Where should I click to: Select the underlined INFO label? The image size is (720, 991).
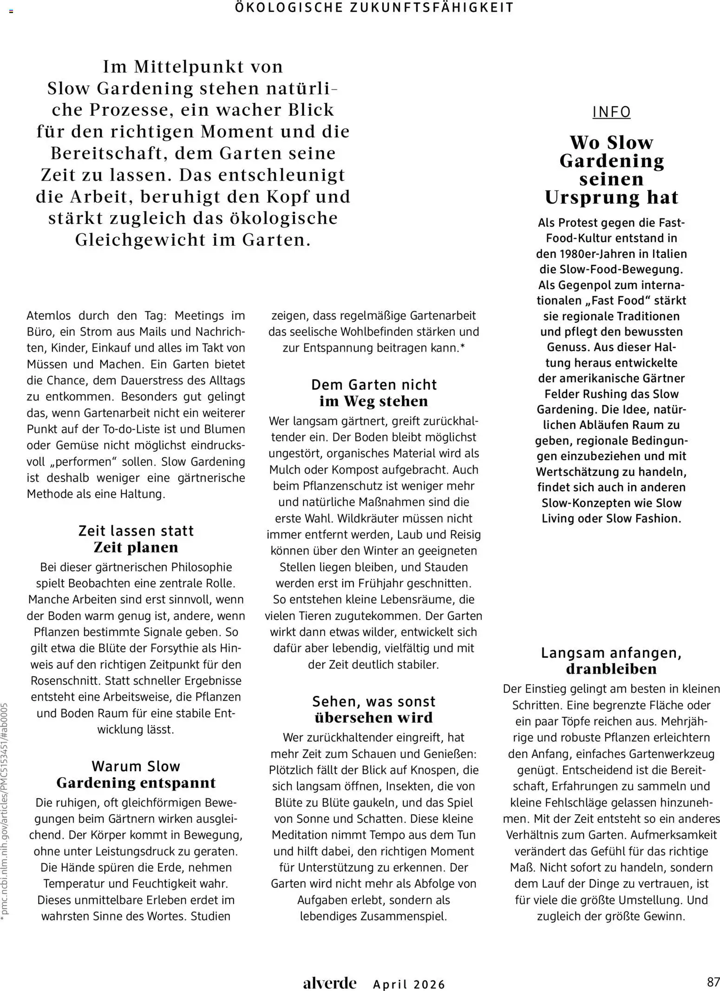click(x=611, y=112)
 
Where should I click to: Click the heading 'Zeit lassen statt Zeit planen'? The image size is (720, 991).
click(x=136, y=539)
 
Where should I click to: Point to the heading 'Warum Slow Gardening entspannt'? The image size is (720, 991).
click(x=136, y=774)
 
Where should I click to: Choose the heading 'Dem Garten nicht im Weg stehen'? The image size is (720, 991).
click(x=373, y=393)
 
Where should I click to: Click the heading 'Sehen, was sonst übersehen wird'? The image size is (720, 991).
click(x=373, y=709)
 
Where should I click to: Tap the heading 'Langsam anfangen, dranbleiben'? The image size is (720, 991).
click(x=611, y=661)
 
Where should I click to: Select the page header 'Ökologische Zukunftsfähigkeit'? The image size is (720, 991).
click(x=374, y=7)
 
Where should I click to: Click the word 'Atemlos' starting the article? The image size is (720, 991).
click(x=49, y=316)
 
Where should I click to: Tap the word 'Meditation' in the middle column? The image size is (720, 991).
click(x=301, y=835)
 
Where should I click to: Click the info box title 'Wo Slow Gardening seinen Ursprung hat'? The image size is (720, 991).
click(x=611, y=170)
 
